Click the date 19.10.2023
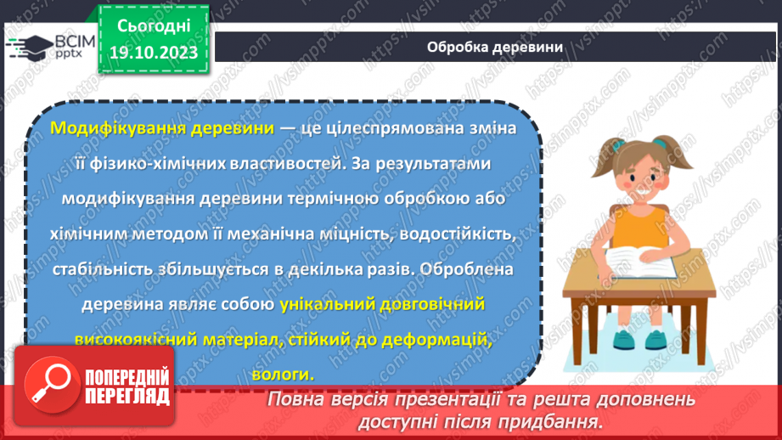pos(153,54)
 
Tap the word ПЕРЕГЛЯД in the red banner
pos(127,395)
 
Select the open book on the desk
pos(639,262)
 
